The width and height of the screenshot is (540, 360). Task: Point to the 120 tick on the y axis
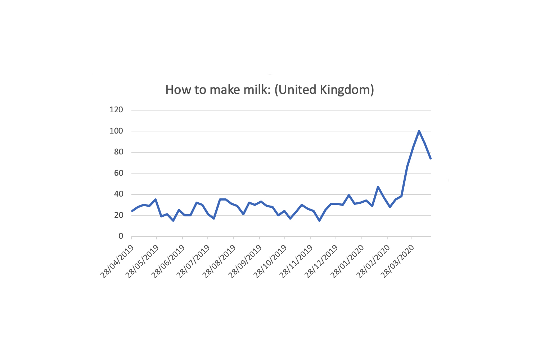coord(116,110)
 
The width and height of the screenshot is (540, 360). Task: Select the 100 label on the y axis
coord(116,131)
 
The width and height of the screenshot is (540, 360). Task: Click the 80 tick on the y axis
coord(118,152)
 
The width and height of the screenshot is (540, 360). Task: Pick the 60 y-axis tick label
coord(118,173)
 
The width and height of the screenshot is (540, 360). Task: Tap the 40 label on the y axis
coord(118,194)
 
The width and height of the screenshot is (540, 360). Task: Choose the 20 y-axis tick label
coord(118,215)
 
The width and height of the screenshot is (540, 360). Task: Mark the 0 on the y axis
coord(121,236)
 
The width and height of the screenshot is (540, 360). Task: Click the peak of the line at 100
coord(419,131)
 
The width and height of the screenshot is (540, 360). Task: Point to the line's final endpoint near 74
coord(431,158)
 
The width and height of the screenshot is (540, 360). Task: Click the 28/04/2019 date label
coord(117,262)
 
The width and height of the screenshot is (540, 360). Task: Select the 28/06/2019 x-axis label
coord(168,262)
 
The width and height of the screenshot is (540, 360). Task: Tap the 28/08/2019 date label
coord(219,262)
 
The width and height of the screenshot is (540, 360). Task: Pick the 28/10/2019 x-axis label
coord(270,262)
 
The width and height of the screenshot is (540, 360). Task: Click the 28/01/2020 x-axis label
coord(347,262)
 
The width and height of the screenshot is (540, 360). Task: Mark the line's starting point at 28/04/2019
coord(132,211)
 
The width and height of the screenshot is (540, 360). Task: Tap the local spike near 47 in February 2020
coord(378,187)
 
